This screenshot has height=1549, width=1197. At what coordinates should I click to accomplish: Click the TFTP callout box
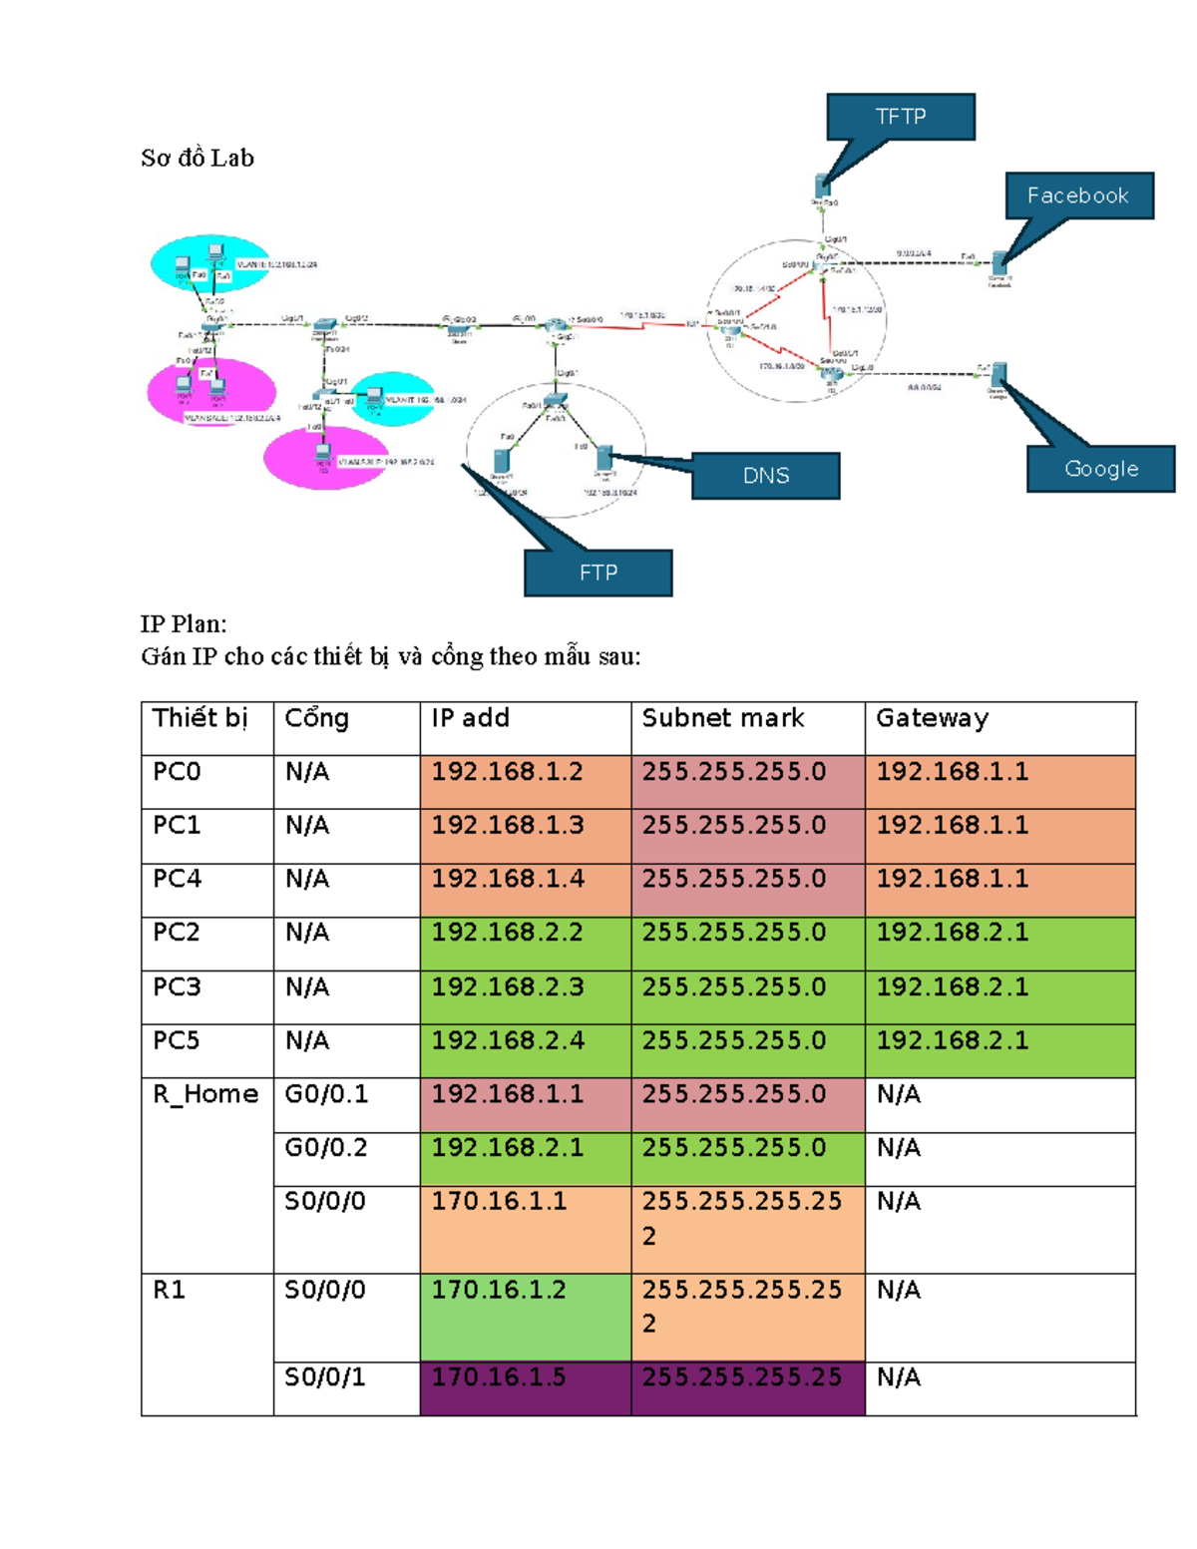click(900, 117)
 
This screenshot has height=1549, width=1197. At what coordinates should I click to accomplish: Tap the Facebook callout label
click(1077, 195)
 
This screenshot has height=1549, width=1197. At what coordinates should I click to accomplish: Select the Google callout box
click(1100, 469)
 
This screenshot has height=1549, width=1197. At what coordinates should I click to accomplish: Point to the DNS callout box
click(765, 476)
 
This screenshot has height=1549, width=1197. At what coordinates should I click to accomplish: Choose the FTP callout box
click(598, 573)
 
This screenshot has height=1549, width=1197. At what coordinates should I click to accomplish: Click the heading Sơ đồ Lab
click(198, 158)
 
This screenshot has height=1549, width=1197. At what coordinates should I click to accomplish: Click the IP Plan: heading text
click(184, 624)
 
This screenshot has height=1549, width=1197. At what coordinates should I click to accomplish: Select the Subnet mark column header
click(722, 718)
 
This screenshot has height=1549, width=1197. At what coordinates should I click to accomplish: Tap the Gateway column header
click(932, 718)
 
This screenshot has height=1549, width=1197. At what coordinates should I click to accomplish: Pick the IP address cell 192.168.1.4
click(508, 879)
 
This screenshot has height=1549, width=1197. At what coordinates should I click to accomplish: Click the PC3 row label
click(177, 986)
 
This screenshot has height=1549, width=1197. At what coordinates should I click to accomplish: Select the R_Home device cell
click(205, 1094)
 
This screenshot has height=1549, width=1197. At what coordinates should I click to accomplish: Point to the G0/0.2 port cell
click(326, 1148)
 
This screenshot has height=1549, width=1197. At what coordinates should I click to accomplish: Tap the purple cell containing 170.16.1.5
click(499, 1377)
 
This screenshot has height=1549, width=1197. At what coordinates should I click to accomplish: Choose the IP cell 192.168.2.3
click(508, 986)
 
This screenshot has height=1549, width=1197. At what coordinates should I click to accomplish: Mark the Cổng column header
click(316, 718)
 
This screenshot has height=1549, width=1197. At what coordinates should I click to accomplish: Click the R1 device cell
click(169, 1290)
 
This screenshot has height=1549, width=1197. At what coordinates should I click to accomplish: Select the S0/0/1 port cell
click(324, 1377)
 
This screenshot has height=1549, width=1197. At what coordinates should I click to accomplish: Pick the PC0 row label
click(177, 772)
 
